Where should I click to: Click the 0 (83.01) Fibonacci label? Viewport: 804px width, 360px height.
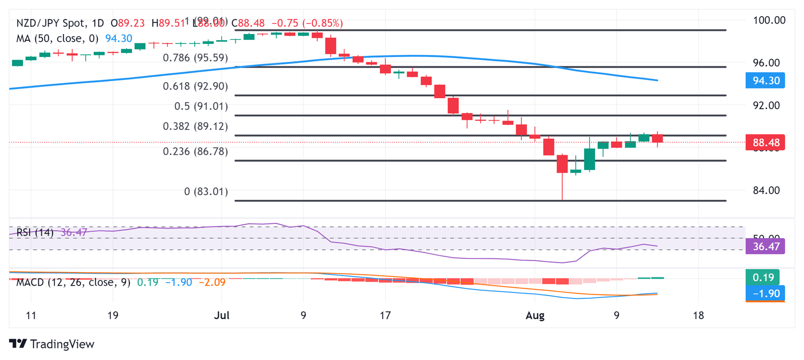(206, 192)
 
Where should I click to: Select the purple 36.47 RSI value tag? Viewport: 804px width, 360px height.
(764, 246)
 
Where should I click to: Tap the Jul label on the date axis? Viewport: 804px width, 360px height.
(221, 316)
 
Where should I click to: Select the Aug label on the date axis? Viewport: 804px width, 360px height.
(535, 316)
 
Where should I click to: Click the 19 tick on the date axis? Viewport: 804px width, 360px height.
(112, 316)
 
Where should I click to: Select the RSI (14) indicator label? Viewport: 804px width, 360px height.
(35, 232)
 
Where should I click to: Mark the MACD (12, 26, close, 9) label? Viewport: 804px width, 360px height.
(73, 283)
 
